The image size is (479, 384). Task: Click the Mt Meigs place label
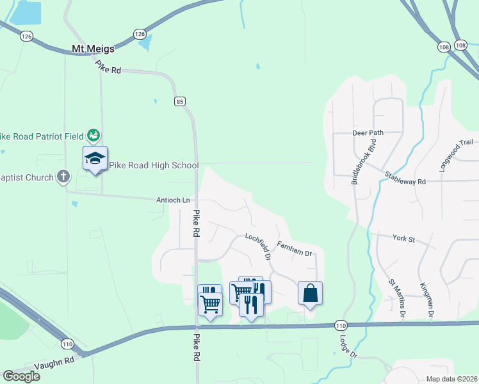click(x=92, y=49)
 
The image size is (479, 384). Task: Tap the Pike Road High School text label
click(x=154, y=165)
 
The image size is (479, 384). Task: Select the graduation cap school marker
click(x=95, y=158)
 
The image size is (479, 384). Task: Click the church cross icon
click(x=63, y=176)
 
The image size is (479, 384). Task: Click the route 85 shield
click(x=180, y=101)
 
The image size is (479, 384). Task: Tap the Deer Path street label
click(x=368, y=133)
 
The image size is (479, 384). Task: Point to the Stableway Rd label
click(x=405, y=179)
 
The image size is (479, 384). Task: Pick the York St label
click(x=403, y=239)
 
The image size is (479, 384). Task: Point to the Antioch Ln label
click(x=174, y=200)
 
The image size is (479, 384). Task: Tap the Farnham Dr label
click(x=294, y=249)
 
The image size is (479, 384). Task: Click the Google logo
click(x=21, y=376)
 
